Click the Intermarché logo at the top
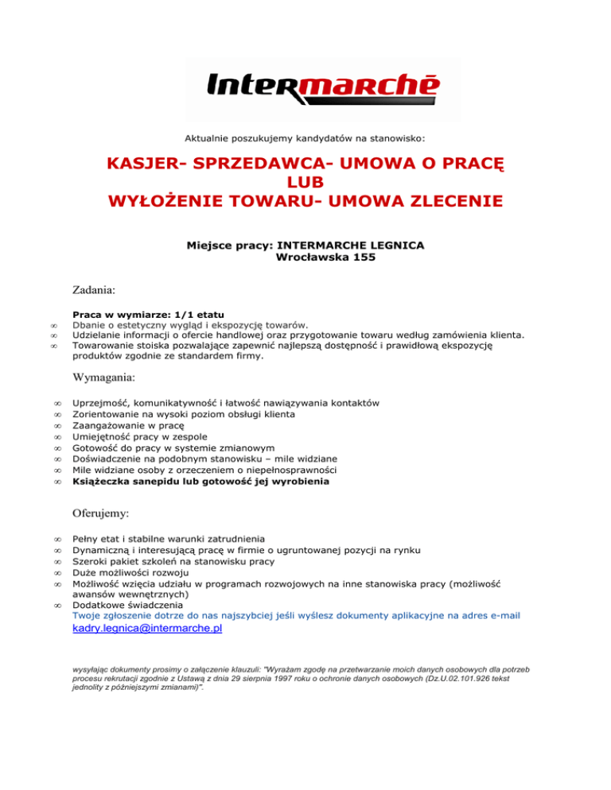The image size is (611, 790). click(322, 87)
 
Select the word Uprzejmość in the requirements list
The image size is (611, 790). click(103, 403)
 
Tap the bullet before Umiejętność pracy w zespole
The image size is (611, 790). click(57, 437)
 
